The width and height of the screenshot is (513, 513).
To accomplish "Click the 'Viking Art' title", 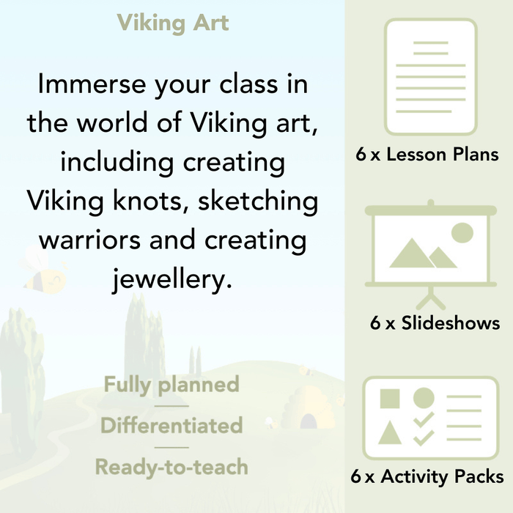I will click(173, 23).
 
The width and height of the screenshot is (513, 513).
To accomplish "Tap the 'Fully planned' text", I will click(171, 385).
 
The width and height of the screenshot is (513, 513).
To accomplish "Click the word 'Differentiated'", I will click(171, 426).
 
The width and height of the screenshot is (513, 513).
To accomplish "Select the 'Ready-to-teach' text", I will click(171, 466).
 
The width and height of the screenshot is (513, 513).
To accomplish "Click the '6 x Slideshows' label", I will click(435, 323).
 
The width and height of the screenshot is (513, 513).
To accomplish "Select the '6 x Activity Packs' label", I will click(427, 477).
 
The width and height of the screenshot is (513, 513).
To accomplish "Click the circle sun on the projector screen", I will click(462, 234).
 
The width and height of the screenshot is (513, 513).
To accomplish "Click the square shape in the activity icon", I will click(390, 399).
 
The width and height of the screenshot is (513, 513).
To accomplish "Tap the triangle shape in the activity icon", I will click(390, 433).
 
